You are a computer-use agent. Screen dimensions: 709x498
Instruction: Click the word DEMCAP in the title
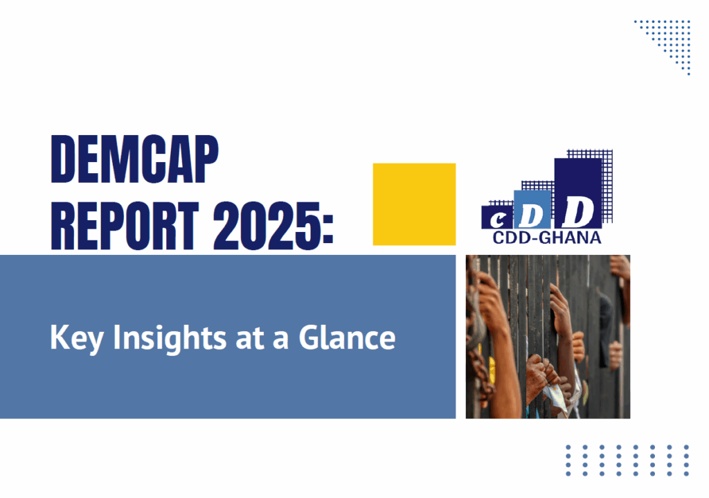coord(135,159)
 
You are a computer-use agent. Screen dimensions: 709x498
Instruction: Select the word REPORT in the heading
coord(125,226)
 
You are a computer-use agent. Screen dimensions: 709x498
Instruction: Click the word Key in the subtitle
coord(76,338)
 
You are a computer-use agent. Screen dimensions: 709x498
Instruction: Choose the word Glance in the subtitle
coord(347,337)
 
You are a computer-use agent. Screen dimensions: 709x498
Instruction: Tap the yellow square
coord(414,204)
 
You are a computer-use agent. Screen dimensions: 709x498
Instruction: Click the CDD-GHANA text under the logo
coord(547,238)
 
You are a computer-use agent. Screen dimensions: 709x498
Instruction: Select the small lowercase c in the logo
coord(497,221)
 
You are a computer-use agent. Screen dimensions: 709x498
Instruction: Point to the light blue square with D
coord(532,209)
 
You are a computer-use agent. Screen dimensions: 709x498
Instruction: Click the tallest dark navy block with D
coord(578,193)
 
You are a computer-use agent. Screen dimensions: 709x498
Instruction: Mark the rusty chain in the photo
coord(478,344)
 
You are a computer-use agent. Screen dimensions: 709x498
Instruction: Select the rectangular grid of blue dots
coord(627,461)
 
